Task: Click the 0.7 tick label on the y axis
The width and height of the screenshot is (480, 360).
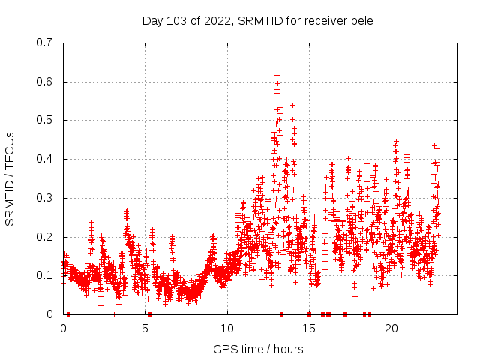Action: [46, 43]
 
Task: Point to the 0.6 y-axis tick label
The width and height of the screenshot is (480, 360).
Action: [46, 82]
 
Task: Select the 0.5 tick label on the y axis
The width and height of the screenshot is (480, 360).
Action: [46, 120]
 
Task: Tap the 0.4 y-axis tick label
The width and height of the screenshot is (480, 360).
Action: [46, 159]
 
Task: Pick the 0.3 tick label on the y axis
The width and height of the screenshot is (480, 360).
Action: [46, 198]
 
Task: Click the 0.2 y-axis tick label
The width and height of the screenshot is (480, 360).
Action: [46, 237]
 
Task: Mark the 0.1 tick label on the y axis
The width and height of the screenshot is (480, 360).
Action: [46, 275]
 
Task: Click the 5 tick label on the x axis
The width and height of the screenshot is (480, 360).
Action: [145, 328]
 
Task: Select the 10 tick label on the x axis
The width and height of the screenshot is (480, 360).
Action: [227, 328]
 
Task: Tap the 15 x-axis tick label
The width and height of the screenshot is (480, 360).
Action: [309, 328]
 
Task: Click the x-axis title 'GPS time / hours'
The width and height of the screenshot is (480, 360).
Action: [258, 349]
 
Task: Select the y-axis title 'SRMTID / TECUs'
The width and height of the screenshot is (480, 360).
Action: [10, 179]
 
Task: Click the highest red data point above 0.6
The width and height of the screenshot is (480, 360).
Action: [277, 76]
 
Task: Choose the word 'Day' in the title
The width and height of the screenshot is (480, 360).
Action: [153, 19]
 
